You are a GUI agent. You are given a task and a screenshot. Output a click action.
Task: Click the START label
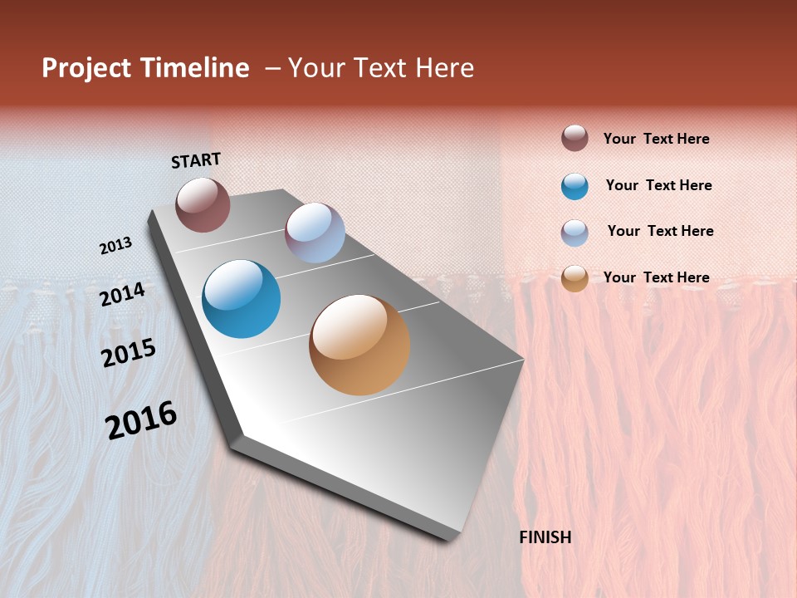pyautogui.click(x=196, y=160)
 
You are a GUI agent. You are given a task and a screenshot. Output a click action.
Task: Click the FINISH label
pyautogui.click(x=545, y=537)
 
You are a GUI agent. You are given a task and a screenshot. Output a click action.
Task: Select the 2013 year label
pyautogui.click(x=115, y=246)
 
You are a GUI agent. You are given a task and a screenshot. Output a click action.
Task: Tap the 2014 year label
pyautogui.click(x=122, y=294)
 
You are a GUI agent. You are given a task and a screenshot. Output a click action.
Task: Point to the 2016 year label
pyautogui.click(x=141, y=420)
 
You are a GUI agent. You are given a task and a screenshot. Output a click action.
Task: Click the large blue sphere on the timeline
pyautogui.click(x=241, y=299)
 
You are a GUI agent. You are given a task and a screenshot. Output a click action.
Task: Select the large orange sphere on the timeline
pyautogui.click(x=359, y=345)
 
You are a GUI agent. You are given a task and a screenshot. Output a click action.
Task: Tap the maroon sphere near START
pyautogui.click(x=203, y=204)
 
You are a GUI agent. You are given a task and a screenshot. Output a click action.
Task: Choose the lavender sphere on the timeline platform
pyautogui.click(x=315, y=233)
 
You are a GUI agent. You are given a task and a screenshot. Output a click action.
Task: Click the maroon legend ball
pyautogui.click(x=575, y=138)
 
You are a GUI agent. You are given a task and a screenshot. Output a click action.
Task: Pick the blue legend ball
pyautogui.click(x=575, y=186)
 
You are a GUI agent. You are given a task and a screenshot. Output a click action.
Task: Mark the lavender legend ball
pyautogui.click(x=575, y=233)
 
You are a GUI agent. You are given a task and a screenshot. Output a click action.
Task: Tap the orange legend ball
pyautogui.click(x=575, y=279)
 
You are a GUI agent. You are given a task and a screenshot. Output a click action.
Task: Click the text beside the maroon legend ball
pyautogui.click(x=656, y=139)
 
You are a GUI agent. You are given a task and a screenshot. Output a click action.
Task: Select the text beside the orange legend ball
pyautogui.click(x=656, y=277)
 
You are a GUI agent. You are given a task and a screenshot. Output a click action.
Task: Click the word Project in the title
pyautogui.click(x=86, y=68)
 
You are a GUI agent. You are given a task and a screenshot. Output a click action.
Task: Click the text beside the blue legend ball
pyautogui.click(x=658, y=185)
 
